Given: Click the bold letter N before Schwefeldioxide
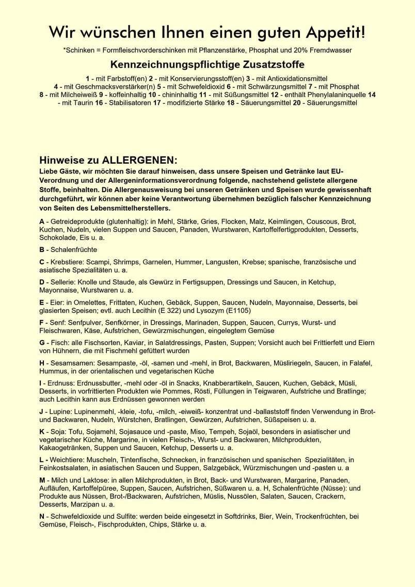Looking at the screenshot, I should pyautogui.click(x=42, y=516).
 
